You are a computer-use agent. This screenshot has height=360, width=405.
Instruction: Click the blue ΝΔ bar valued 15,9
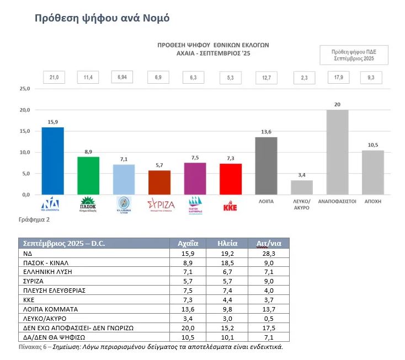point(53,161)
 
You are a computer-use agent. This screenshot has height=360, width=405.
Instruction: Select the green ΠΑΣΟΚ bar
point(88,176)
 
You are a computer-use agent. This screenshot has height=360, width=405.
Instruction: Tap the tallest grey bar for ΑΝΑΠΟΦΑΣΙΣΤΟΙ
point(337,152)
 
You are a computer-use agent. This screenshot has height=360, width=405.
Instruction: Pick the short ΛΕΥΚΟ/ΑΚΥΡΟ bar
point(301,187)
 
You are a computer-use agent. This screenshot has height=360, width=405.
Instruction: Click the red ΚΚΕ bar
point(230,179)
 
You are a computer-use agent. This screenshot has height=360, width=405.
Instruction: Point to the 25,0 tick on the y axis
point(25,88)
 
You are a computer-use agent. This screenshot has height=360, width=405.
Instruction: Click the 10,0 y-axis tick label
point(25,152)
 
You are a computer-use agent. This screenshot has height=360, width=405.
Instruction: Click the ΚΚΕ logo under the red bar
point(230,207)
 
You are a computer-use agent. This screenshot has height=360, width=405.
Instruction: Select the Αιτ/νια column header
point(268,244)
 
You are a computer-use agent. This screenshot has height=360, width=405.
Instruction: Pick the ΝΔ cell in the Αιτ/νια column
point(268,254)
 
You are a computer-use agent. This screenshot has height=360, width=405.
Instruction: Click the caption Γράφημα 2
point(34,219)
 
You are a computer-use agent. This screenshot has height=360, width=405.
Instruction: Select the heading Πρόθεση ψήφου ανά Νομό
point(102,18)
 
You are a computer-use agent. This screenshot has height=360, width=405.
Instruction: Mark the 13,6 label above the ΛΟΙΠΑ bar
point(265,131)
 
